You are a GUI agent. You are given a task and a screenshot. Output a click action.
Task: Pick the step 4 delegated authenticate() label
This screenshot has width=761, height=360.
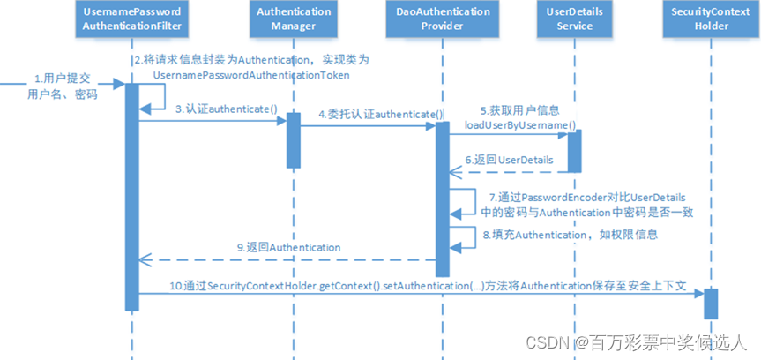coord(380,115)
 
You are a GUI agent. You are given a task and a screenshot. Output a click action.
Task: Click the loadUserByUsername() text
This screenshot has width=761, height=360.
coord(520,125)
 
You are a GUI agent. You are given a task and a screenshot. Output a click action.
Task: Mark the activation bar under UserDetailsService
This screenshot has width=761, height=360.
coord(574,146)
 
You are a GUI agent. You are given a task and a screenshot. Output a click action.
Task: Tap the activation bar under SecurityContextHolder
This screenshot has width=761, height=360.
coord(710,304)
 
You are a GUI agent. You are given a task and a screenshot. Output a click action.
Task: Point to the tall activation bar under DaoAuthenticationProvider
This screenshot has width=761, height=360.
coord(443,198)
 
